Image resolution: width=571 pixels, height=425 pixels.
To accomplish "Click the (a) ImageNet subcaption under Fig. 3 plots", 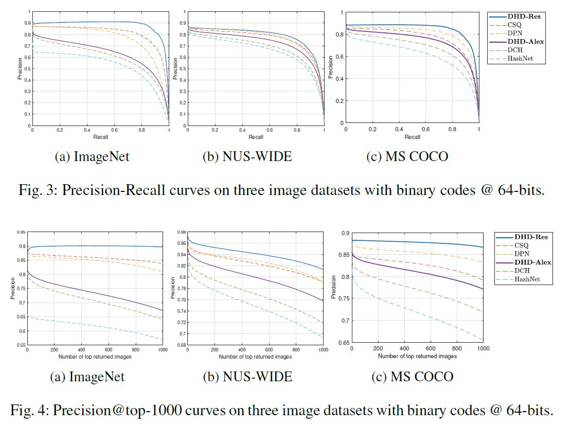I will click(x=92, y=157).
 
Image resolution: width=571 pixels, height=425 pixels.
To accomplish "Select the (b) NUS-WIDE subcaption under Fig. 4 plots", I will click(x=247, y=377).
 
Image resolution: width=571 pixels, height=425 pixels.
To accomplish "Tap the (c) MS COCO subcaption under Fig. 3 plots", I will click(x=407, y=157).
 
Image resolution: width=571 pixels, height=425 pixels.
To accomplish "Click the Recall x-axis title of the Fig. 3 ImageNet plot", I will click(x=100, y=137).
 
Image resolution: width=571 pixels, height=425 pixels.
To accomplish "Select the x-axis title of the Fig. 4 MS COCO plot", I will click(x=417, y=356).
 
